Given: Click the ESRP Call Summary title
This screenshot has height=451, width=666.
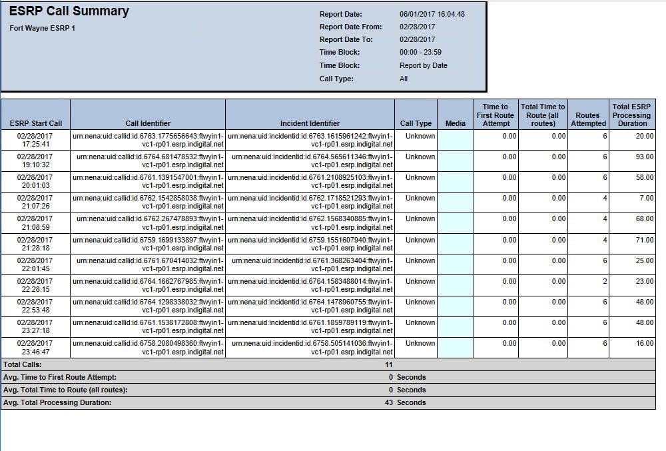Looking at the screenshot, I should [x=69, y=11].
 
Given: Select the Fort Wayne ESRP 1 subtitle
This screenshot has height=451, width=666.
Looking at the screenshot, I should [x=43, y=28].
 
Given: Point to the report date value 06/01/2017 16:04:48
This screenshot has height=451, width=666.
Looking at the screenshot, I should [x=432, y=14].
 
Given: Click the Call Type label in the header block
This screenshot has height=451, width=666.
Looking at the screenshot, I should [x=336, y=79].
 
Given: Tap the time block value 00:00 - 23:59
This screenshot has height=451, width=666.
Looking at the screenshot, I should [x=420, y=52].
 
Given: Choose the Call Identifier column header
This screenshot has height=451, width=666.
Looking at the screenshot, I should [x=148, y=123].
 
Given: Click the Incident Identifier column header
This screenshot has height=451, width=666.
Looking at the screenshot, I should [x=310, y=123].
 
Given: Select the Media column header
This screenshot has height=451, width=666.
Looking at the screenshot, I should [x=456, y=123].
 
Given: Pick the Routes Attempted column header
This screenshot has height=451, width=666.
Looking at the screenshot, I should [x=588, y=119].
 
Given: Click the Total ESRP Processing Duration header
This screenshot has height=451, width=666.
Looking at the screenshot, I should [x=631, y=115].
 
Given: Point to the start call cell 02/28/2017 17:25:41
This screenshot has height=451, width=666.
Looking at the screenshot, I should [x=35, y=140].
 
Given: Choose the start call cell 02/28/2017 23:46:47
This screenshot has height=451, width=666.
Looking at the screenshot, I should [x=35, y=348].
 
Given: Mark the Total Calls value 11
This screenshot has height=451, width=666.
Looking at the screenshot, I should [x=388, y=364].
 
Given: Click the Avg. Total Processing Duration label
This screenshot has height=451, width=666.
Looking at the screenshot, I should [x=57, y=402].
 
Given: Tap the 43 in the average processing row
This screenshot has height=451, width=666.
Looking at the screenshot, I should [x=389, y=402].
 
